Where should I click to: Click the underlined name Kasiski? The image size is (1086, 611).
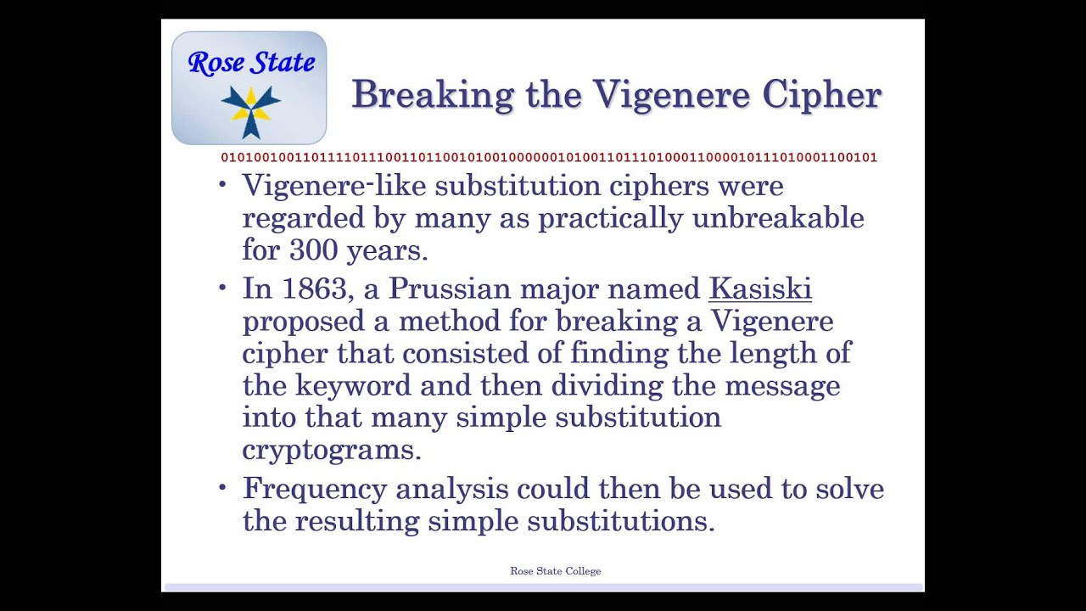(x=760, y=289)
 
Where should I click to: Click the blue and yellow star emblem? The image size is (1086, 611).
(x=250, y=108)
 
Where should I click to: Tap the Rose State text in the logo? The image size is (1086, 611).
(x=251, y=62)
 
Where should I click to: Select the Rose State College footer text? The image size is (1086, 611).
(x=555, y=571)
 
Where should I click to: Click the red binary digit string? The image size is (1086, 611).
(x=549, y=158)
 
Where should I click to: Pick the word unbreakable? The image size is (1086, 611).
(x=778, y=218)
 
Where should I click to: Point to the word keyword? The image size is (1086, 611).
(x=353, y=386)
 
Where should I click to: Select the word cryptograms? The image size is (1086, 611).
(x=331, y=450)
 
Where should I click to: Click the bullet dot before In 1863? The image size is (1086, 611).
(x=223, y=288)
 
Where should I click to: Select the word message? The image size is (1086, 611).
(x=781, y=386)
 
